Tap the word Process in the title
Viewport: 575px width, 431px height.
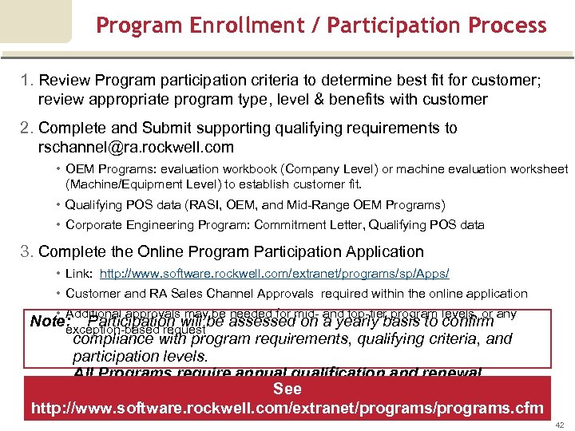[x=505, y=26]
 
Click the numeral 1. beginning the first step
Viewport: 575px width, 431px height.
[x=28, y=81]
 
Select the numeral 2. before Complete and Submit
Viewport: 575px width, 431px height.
[x=28, y=128]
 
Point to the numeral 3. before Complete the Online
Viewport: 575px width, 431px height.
[x=28, y=251]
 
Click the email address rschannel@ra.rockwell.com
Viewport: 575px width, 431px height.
[x=136, y=147]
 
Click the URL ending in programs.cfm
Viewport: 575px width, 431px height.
[x=287, y=409]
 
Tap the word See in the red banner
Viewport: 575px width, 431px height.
[x=287, y=389]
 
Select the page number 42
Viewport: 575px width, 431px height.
[x=559, y=425]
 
